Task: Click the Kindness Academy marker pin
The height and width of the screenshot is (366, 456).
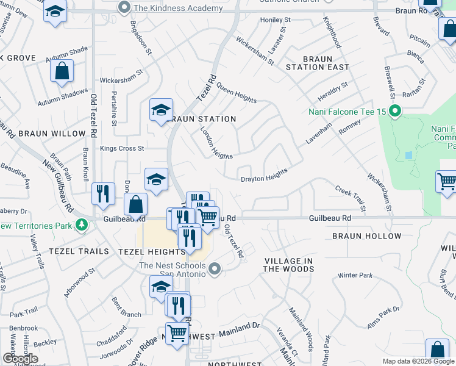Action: click(x=125, y=8)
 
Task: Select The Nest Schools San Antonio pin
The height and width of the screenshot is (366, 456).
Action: click(x=214, y=268)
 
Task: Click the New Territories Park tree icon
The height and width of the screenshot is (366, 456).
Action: click(x=80, y=225)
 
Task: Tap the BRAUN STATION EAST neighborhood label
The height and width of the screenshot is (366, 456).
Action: click(x=317, y=63)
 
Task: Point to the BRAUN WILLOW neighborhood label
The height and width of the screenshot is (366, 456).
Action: click(x=52, y=134)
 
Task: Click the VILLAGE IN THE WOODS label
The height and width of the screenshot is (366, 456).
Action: click(x=288, y=265)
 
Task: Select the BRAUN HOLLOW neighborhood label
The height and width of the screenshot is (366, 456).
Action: click(x=367, y=236)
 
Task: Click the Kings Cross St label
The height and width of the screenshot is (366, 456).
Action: click(x=122, y=148)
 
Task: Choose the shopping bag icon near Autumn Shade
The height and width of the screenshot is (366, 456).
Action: click(x=62, y=71)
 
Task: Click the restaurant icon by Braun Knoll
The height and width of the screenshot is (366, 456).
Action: click(x=103, y=193)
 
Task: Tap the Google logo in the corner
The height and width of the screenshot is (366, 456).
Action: click(x=20, y=359)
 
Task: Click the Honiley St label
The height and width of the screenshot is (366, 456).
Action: click(x=276, y=20)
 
